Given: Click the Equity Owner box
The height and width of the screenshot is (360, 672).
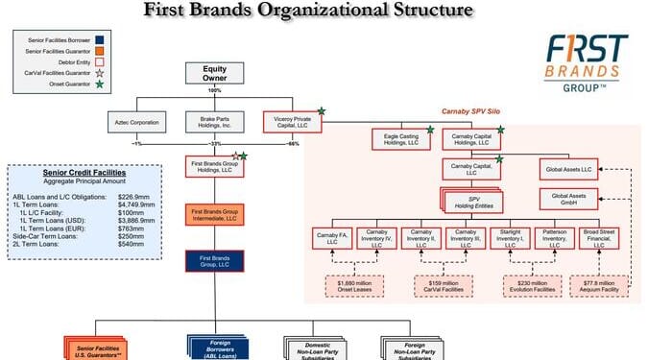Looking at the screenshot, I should pos(214,75).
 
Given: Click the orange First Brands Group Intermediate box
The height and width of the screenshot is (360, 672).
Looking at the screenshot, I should pos(214,214).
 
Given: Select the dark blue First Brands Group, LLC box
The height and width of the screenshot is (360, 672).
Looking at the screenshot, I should pos(214,260).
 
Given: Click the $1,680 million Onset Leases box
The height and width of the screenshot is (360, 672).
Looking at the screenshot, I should pos(352,285).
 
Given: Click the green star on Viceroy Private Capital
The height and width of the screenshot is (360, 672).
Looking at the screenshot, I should pos(323,112).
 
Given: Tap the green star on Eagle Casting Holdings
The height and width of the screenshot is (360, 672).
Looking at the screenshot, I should pos(428,130).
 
